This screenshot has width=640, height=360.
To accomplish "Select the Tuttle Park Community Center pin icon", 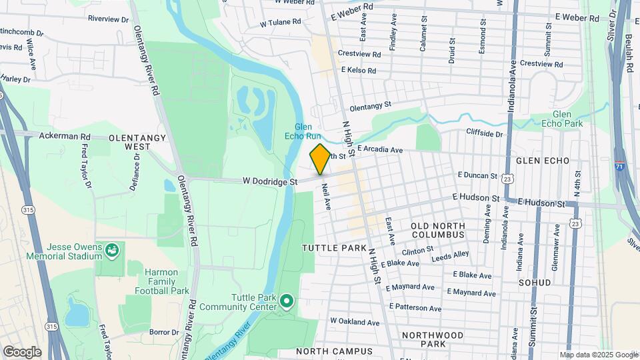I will click(x=287, y=301).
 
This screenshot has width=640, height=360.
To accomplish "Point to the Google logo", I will click(x=21, y=351).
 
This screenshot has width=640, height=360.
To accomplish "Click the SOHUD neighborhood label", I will click(x=535, y=283).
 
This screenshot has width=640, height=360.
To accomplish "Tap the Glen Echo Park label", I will click(x=567, y=119).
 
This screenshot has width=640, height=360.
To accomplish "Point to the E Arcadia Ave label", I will click(x=380, y=150).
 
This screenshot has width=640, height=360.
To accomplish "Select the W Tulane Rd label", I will click(x=281, y=22).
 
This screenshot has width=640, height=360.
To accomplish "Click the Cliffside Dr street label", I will click(x=484, y=133).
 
